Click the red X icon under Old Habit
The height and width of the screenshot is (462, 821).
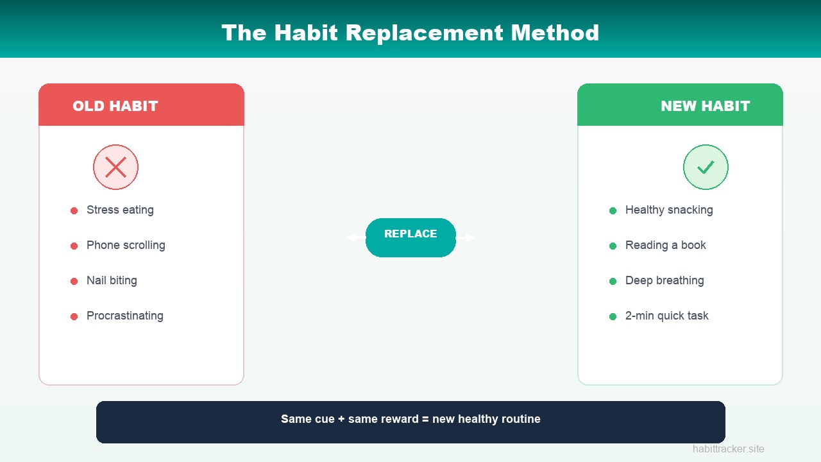pyautogui.click(x=115, y=167)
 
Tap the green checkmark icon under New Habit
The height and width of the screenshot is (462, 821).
pyautogui.click(x=706, y=167)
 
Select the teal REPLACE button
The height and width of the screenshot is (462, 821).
pyautogui.click(x=410, y=237)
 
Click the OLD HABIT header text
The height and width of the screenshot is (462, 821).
pyautogui.click(x=115, y=107)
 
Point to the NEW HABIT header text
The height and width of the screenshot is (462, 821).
pyautogui.click(x=705, y=107)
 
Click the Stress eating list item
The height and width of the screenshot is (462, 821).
pyautogui.click(x=120, y=210)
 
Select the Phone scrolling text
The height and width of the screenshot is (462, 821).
pyautogui.click(x=126, y=245)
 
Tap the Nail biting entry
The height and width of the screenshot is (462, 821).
pyautogui.click(x=112, y=280)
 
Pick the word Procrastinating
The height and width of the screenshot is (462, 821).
pyautogui.click(x=125, y=316)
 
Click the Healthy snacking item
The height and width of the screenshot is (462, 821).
pyautogui.click(x=669, y=210)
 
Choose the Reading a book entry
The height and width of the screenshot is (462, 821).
pyautogui.click(x=665, y=245)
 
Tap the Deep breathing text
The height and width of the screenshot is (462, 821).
pyautogui.click(x=664, y=280)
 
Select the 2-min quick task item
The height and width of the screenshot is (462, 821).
pyautogui.click(x=666, y=316)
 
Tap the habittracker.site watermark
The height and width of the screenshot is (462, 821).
pyautogui.click(x=728, y=449)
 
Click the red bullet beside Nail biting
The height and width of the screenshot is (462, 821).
pyautogui.click(x=74, y=281)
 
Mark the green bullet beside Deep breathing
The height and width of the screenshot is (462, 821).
pyautogui.click(x=613, y=281)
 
